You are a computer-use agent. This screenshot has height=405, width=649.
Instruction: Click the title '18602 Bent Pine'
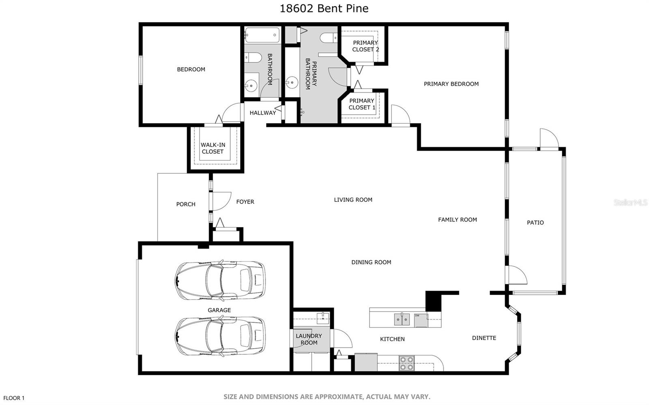[324, 9]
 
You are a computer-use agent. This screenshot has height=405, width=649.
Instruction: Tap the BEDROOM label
[191, 69]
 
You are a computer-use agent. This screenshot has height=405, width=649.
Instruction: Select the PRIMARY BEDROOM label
[451, 84]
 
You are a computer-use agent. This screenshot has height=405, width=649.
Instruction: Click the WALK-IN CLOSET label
[213, 148]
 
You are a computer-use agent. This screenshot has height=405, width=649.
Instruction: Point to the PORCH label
[186, 204]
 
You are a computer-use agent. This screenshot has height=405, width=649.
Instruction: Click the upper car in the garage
[220, 281]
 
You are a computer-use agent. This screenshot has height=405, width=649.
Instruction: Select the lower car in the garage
[220, 336]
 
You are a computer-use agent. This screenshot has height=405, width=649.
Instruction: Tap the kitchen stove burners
[406, 363]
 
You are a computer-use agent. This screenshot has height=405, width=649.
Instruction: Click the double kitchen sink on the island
[402, 319]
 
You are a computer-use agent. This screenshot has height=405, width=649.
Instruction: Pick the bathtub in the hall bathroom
[262, 35]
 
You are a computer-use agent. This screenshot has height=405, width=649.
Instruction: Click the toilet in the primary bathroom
[329, 38]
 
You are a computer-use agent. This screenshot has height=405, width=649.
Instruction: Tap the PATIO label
[535, 223]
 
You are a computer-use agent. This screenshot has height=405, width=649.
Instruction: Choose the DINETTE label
[484, 338]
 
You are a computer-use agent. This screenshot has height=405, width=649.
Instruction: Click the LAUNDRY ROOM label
[309, 339]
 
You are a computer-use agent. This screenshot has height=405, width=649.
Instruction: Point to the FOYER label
[245, 202]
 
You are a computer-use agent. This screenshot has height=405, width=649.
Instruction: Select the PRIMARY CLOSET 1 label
[361, 104]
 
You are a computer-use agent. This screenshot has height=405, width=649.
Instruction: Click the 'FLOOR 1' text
[14, 398]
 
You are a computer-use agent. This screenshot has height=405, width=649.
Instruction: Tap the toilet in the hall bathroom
[253, 57]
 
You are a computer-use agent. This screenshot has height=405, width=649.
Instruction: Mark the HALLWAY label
[263, 113]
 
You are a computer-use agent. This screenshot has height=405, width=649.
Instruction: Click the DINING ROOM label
[371, 262]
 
